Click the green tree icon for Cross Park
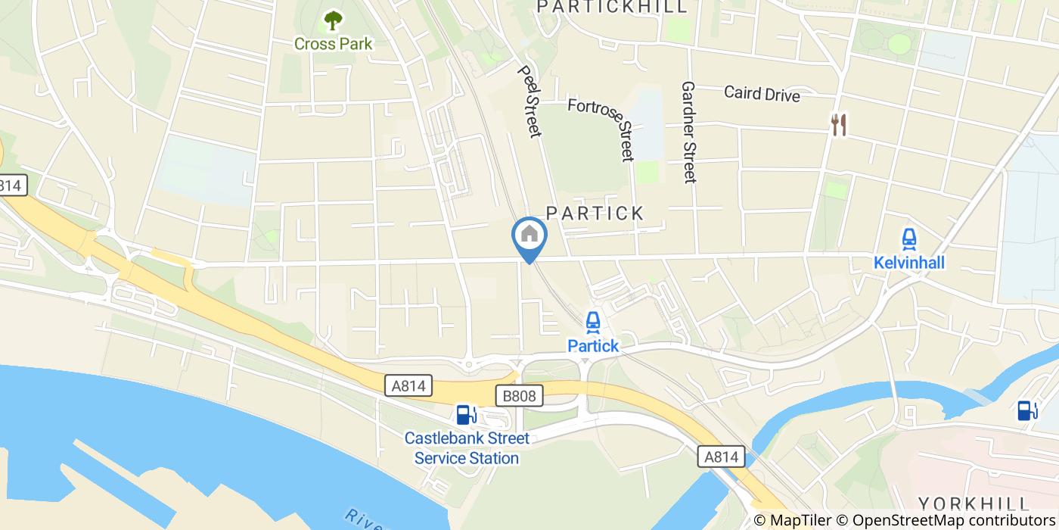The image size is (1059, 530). click(x=333, y=20)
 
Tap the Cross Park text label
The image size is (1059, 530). click(x=333, y=44)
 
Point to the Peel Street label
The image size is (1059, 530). click(x=529, y=101)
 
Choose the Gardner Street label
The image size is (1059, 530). click(x=688, y=132)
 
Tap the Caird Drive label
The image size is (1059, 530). click(x=761, y=93)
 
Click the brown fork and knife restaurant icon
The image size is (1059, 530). click(x=838, y=125)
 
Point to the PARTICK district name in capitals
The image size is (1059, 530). click(x=595, y=214)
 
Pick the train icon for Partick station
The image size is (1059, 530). click(x=593, y=323)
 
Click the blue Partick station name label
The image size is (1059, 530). click(x=593, y=346)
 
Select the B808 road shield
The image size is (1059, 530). click(x=519, y=395)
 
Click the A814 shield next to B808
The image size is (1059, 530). click(x=408, y=386)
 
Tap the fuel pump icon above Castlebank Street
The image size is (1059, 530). click(x=466, y=414)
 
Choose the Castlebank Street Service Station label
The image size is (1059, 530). click(x=467, y=448)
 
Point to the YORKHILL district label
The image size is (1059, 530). click(x=974, y=504)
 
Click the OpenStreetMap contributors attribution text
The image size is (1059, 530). click(x=955, y=520)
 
